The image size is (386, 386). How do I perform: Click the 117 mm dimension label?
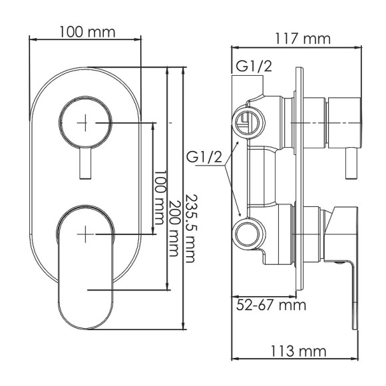[303, 39]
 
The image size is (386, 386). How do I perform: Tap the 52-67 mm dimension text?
[272, 305]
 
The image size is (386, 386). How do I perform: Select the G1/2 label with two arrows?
[204, 158]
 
